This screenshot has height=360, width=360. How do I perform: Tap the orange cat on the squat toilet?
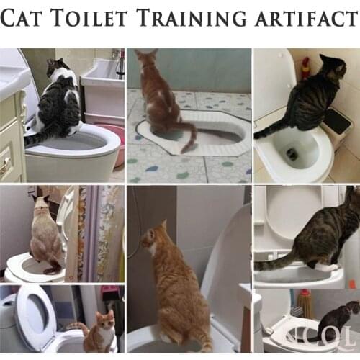160,94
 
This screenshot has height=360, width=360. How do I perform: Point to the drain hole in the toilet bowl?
292,153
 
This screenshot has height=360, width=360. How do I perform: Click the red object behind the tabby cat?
305,68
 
